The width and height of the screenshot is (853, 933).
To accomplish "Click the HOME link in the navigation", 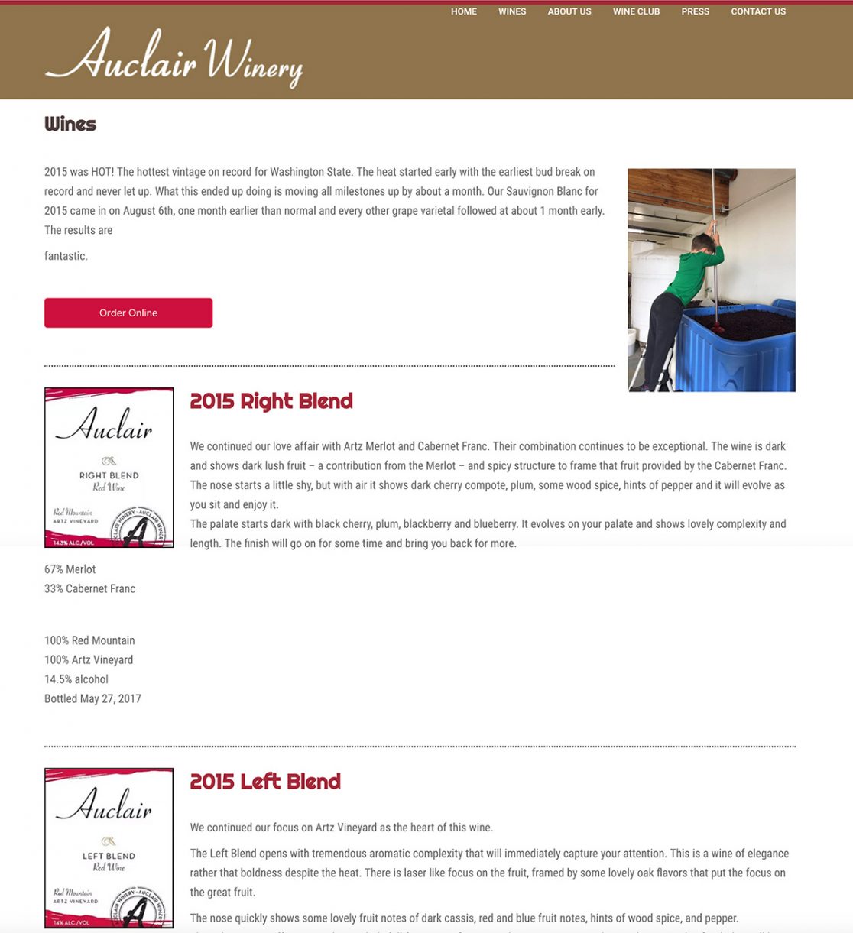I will [x=463, y=11].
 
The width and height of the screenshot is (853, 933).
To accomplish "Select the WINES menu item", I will [x=512, y=11].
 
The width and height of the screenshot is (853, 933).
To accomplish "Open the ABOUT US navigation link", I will [x=569, y=11].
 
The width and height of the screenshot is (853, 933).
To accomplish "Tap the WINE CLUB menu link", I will [x=636, y=11].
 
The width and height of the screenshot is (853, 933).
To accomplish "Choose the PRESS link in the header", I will [x=696, y=11].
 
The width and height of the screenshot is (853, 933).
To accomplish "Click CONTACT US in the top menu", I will [x=758, y=11].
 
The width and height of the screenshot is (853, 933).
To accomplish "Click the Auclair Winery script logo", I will [x=174, y=57].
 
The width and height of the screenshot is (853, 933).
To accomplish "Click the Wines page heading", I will [x=70, y=124].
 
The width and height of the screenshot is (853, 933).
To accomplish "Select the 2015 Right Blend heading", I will [x=271, y=401].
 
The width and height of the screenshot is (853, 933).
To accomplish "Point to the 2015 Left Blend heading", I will [x=265, y=782].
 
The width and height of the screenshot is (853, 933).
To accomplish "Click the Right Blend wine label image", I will [x=109, y=467].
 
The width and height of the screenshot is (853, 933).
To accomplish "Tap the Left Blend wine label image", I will [x=109, y=847].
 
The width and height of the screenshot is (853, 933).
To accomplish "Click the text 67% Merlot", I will [x=70, y=569].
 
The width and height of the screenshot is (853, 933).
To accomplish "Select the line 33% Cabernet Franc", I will [x=90, y=588].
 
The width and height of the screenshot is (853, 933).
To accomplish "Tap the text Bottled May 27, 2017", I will [x=92, y=698].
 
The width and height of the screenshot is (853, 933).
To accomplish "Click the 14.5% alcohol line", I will [x=76, y=679].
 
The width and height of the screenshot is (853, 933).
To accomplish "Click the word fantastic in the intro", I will [x=66, y=256].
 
